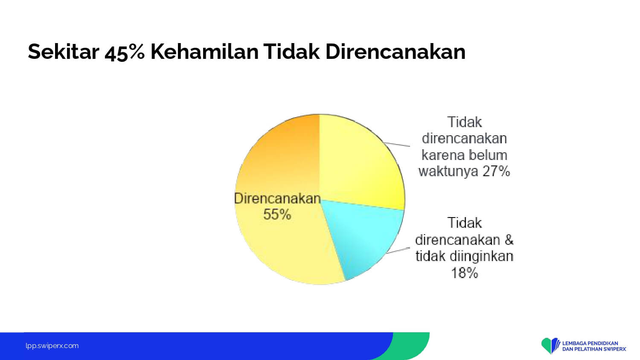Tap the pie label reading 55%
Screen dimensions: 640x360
(277, 214)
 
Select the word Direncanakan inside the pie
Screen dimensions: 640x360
(277, 198)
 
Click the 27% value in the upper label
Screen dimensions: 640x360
(496, 171)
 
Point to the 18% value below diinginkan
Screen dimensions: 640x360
(464, 273)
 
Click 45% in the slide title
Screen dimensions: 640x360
(125, 52)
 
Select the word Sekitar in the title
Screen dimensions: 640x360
(64, 52)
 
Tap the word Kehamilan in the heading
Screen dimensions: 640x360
(204, 52)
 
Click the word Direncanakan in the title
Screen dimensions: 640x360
(396, 52)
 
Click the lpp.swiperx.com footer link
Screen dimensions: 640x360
(52, 346)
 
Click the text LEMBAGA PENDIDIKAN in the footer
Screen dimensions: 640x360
(590, 343)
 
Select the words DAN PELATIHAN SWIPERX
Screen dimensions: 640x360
(594, 349)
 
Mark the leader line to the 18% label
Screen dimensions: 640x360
(398, 250)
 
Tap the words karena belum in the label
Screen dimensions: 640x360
(464, 155)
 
